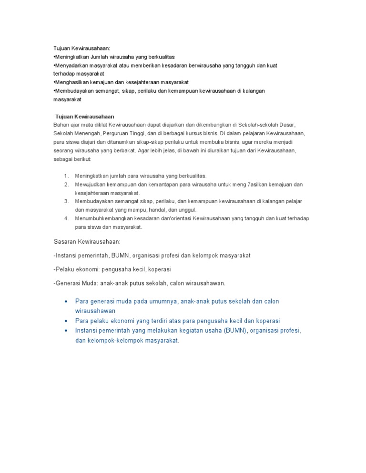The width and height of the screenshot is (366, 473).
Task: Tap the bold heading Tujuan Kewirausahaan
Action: click(x=85, y=117)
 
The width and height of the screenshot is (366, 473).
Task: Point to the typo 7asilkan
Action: click(x=251, y=185)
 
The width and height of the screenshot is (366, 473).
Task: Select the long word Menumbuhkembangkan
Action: click(x=103, y=219)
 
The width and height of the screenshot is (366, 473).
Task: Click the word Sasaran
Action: click(x=66, y=242)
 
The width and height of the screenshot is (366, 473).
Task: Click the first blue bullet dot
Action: click(x=65, y=302)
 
